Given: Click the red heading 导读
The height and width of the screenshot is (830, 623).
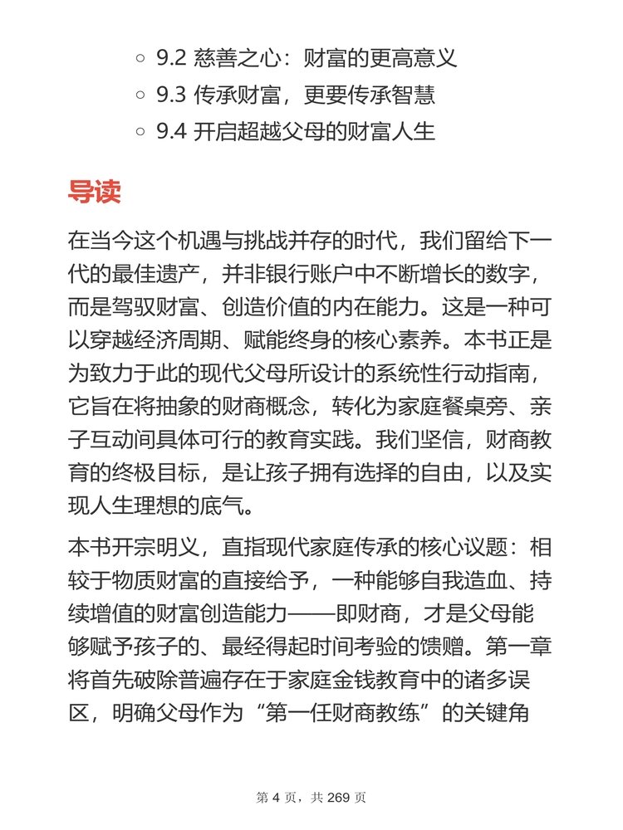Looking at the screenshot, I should pos(94,191).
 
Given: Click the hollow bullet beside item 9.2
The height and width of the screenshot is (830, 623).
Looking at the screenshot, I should pos(140,60).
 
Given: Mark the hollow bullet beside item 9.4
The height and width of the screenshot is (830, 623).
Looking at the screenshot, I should pos(140,132).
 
